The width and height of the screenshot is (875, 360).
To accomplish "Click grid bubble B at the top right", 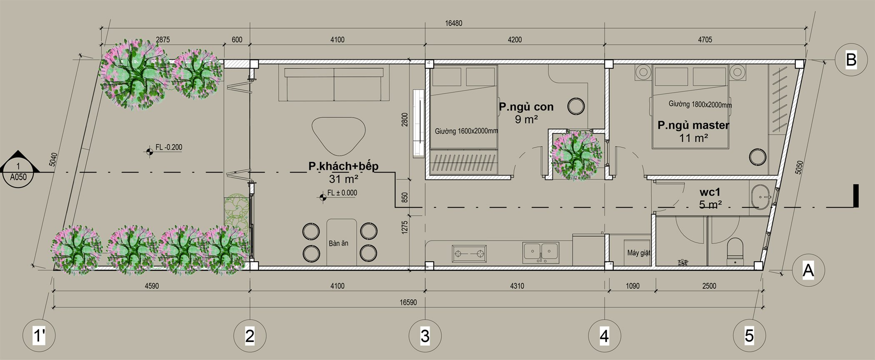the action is click(x=851, y=60).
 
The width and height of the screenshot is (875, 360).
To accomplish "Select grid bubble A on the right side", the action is click(x=808, y=271).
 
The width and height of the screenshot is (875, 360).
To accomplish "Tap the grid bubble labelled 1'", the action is click(x=39, y=335).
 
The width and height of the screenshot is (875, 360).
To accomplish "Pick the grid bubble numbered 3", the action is click(x=425, y=335).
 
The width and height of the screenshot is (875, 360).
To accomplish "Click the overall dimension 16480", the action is click(x=453, y=23).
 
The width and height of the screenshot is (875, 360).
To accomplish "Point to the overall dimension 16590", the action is click(x=408, y=302).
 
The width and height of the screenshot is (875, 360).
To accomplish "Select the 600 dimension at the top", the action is click(x=237, y=40).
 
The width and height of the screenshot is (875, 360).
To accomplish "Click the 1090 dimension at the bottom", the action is click(x=632, y=286).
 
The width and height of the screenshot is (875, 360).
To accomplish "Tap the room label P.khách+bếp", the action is click(x=343, y=166).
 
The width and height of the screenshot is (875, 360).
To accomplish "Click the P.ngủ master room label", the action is click(x=693, y=125).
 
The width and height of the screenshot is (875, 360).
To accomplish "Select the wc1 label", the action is click(x=710, y=192).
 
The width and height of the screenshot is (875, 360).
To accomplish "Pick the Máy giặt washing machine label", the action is click(x=639, y=253).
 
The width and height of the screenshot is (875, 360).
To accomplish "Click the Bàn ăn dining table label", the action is click(x=338, y=243).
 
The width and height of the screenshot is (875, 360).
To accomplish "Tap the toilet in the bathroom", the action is click(x=735, y=252).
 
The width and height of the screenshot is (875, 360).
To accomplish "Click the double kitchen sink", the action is click(x=541, y=252).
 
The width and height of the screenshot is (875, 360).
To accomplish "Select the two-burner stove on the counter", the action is click(x=469, y=253).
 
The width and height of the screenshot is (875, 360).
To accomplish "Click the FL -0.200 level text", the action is click(x=169, y=147).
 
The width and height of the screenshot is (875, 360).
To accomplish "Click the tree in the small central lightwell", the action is click(x=576, y=155).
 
